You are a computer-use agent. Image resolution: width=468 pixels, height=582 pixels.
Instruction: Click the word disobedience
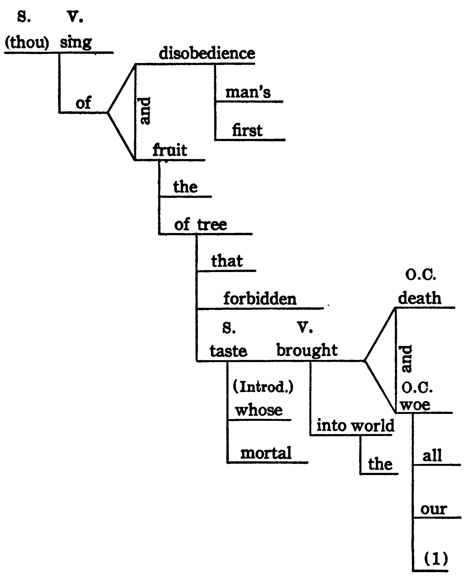click(x=207, y=53)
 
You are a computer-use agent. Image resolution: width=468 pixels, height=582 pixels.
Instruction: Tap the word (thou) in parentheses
click(x=27, y=42)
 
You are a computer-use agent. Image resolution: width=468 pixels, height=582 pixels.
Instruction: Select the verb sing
click(x=76, y=42)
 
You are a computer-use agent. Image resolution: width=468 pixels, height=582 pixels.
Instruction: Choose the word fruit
click(x=170, y=150)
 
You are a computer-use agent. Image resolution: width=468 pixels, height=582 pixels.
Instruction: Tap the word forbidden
click(x=260, y=299)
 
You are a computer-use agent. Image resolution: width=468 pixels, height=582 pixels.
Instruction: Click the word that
click(x=227, y=261)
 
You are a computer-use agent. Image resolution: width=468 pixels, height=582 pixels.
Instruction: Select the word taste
click(x=229, y=351)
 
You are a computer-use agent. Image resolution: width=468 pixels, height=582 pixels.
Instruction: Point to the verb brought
click(x=307, y=350)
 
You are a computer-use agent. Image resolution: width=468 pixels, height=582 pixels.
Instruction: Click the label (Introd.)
click(x=263, y=387)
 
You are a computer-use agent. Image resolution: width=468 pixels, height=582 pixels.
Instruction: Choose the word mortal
click(x=266, y=453)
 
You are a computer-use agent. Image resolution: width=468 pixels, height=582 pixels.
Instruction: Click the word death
click(x=420, y=298)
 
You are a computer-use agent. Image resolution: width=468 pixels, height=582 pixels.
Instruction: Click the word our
click(x=434, y=509)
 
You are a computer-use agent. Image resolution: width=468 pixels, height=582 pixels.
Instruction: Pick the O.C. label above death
click(x=420, y=275)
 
